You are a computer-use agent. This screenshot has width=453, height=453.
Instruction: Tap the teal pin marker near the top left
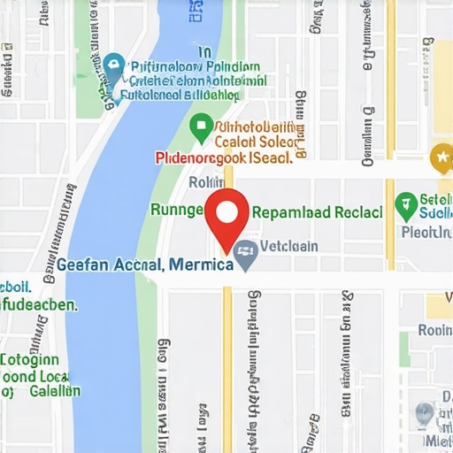click(113, 65)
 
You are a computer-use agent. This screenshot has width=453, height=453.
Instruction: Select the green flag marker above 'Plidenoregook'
click(200, 126)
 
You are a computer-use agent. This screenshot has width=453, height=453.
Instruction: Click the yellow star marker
click(440, 159)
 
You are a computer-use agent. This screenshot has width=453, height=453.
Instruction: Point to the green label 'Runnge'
click(177, 210)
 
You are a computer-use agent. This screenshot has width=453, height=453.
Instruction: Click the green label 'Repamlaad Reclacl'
click(317, 212)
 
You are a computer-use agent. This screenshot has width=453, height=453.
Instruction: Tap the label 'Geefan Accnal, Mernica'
click(144, 264)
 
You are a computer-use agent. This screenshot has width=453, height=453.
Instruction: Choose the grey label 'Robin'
click(434, 330)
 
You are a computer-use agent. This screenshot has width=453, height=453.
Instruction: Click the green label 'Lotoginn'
click(31, 359)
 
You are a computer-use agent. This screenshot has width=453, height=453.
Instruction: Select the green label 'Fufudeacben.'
click(39, 303)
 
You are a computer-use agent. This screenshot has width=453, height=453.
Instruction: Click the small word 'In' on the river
click(205, 52)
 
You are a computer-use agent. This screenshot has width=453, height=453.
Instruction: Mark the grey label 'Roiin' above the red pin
click(202, 182)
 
